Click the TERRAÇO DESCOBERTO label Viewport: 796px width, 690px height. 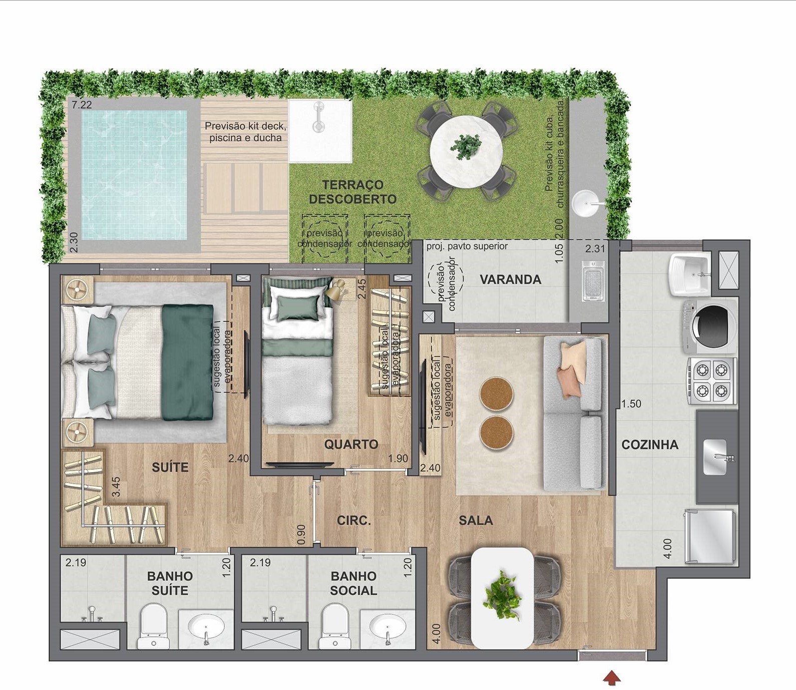[352, 192]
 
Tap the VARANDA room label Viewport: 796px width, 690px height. [510, 279]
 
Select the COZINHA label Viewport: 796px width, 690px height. [649, 445]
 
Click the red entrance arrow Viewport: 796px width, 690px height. [611, 678]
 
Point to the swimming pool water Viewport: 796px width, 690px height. [134, 175]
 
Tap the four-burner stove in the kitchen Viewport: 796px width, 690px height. [711, 381]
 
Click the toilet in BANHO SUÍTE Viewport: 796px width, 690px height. [153, 625]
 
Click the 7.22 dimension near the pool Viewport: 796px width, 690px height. [82, 105]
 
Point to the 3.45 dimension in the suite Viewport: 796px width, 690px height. [116, 486]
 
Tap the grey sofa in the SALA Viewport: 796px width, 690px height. [574, 413]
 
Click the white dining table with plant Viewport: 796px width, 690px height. [502, 598]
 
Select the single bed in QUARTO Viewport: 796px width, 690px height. [297, 361]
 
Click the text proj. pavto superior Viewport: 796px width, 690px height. [467, 246]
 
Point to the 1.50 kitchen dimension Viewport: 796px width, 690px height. [631, 404]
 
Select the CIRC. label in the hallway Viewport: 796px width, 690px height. [353, 520]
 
